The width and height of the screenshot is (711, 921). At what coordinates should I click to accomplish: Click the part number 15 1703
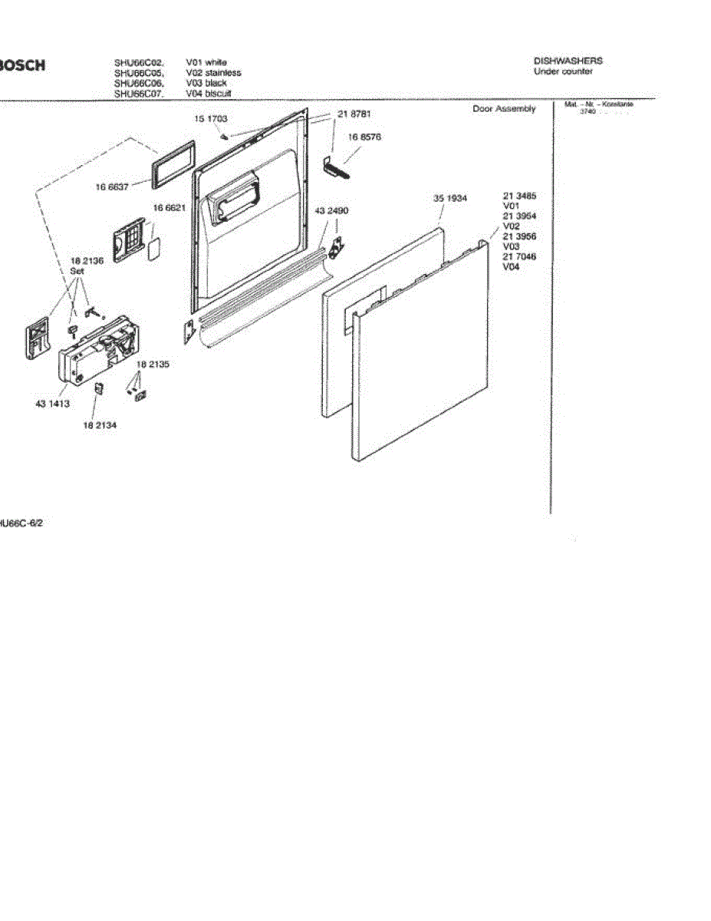pyautogui.click(x=210, y=120)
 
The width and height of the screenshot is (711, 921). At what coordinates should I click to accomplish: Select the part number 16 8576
pyautogui.click(x=364, y=137)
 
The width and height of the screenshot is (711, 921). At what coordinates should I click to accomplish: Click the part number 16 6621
pyautogui.click(x=169, y=208)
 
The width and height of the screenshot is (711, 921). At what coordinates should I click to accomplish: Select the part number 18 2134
pyautogui.click(x=100, y=424)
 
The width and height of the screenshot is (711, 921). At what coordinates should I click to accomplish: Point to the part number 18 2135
pyautogui.click(x=153, y=365)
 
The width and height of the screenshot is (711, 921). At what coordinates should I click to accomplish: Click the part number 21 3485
pyautogui.click(x=519, y=196)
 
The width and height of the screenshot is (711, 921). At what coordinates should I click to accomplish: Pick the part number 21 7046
pyautogui.click(x=519, y=256)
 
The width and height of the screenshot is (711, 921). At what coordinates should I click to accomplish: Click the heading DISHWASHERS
pyautogui.click(x=568, y=61)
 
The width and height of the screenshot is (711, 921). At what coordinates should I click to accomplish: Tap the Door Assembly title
pyautogui.click(x=504, y=109)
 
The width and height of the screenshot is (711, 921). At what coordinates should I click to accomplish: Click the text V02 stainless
pyautogui.click(x=213, y=73)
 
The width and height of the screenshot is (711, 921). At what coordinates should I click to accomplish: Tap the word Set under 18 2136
pyautogui.click(x=77, y=271)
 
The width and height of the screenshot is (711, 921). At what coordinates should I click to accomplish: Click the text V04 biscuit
pyautogui.click(x=209, y=94)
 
